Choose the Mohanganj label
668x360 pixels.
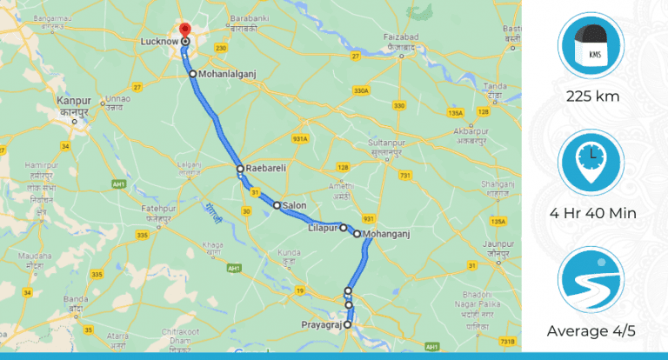pyautogui.click(x=386, y=234)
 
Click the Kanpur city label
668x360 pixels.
pyautogui.click(x=74, y=103)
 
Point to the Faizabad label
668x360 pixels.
pyautogui.click(x=401, y=37)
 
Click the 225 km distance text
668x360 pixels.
pyautogui.click(x=592, y=96)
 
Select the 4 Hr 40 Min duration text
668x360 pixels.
pyautogui.click(x=592, y=213)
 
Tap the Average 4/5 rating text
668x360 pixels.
pyautogui.click(x=592, y=330)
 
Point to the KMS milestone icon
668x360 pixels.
pyautogui.click(x=592, y=47)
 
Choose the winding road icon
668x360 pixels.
pyautogui.click(x=592, y=282)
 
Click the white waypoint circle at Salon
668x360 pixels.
pyautogui.click(x=277, y=206)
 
